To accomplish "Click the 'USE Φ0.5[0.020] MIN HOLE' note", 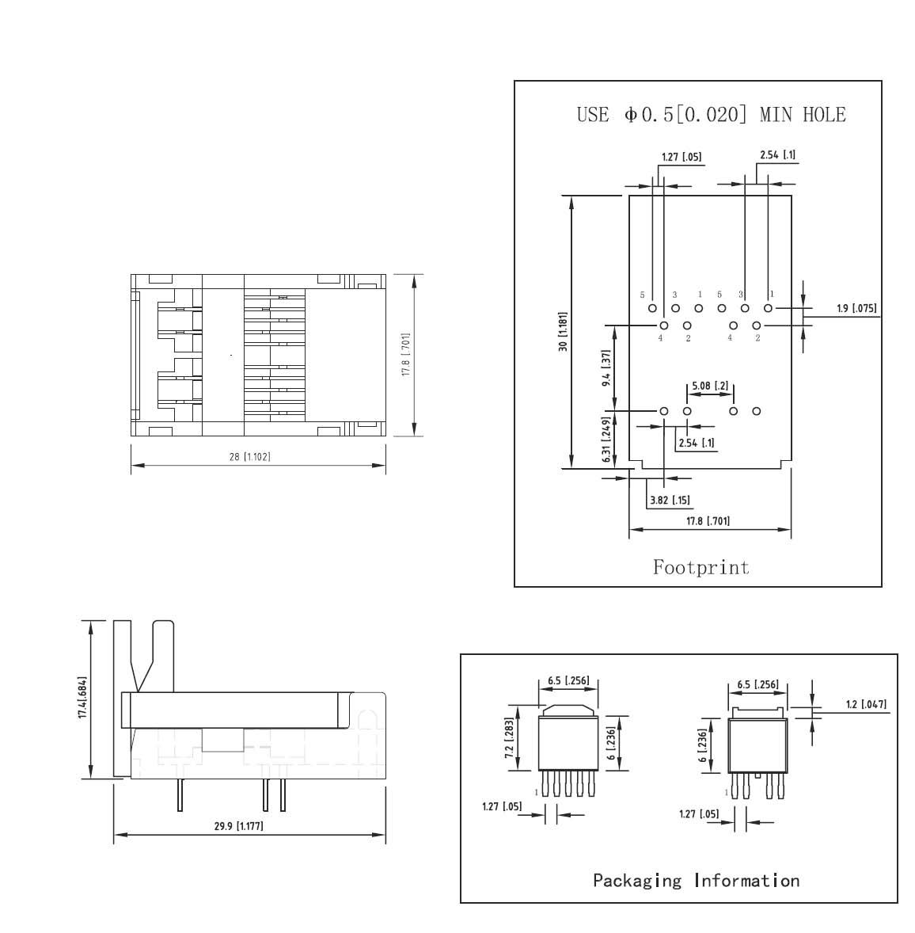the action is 711,114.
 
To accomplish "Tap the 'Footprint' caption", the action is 701,567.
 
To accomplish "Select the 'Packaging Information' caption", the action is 697,881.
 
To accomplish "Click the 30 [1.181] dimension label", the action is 563,331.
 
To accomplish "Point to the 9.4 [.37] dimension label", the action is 606,368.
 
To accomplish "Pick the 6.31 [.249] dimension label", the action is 606,440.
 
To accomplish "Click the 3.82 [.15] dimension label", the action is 670,500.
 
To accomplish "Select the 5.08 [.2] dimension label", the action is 710,386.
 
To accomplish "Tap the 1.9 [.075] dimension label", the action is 856,308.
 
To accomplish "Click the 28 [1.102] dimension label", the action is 249,457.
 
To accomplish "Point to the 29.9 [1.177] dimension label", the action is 238,826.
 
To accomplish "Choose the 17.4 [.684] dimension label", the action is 82,697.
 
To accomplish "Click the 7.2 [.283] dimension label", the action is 509,738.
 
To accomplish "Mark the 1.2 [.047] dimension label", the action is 866,705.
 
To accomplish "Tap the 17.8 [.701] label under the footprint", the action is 708,521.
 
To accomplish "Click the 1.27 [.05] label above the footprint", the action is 682,157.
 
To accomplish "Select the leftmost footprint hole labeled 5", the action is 652,308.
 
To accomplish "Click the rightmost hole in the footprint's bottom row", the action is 756,411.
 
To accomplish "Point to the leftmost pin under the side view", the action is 180,795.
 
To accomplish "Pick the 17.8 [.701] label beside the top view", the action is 406,355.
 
